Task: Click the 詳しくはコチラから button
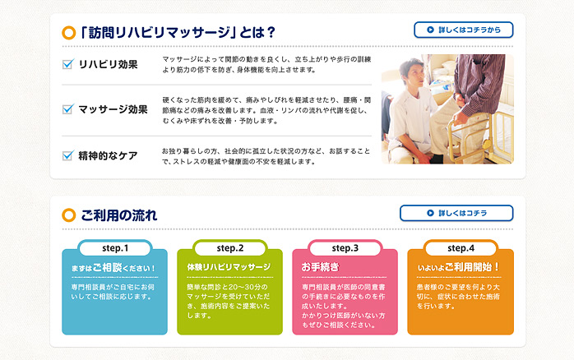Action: (x=464, y=30)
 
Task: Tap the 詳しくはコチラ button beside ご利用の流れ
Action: (x=456, y=213)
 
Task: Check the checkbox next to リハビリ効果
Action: (x=68, y=64)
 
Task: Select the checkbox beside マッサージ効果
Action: (x=68, y=109)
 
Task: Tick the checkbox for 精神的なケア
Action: (x=68, y=155)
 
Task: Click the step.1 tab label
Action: (x=115, y=248)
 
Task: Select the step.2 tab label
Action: (x=230, y=248)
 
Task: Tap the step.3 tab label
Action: (x=345, y=248)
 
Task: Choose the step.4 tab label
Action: (x=461, y=248)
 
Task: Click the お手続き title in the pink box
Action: (x=321, y=267)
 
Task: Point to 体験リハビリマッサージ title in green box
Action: (x=229, y=267)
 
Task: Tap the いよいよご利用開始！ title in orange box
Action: (x=458, y=267)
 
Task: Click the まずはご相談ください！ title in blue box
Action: (x=113, y=267)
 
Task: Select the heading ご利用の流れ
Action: (x=119, y=215)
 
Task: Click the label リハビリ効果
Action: (x=108, y=64)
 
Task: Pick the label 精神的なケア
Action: (x=108, y=156)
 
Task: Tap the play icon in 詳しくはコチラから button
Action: (x=431, y=30)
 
